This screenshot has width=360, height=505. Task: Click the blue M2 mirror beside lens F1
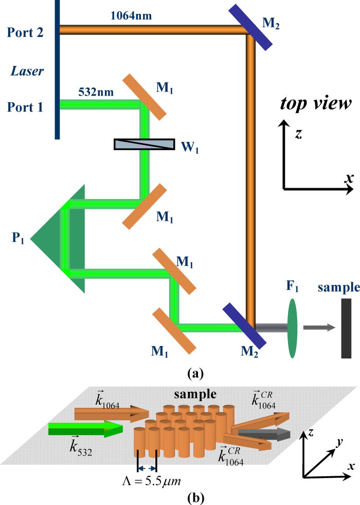tap(244, 326)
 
